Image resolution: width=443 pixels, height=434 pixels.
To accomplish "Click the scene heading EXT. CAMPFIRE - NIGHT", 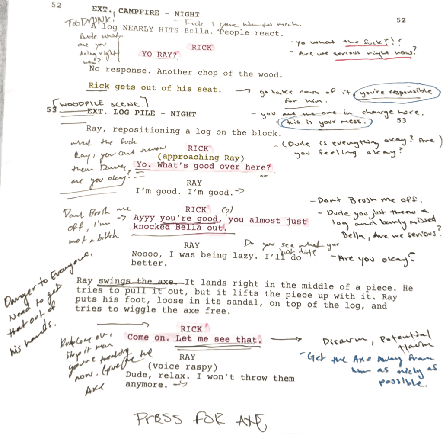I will (145, 12).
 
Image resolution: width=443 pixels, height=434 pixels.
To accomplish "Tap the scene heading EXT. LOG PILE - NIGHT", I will (142, 113).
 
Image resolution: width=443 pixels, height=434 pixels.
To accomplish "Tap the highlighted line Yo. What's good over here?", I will (203, 166).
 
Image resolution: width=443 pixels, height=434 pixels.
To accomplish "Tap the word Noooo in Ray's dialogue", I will (144, 254).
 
